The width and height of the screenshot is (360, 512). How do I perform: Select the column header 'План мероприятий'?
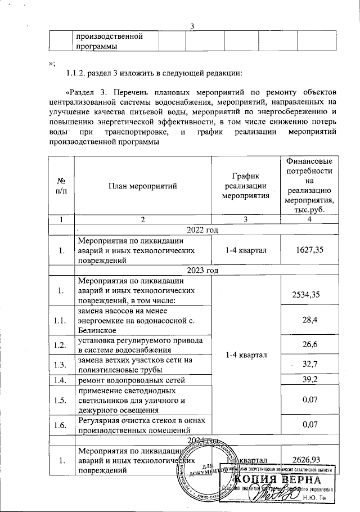tap(143, 185)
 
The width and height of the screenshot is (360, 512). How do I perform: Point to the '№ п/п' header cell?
tap(61, 185)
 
